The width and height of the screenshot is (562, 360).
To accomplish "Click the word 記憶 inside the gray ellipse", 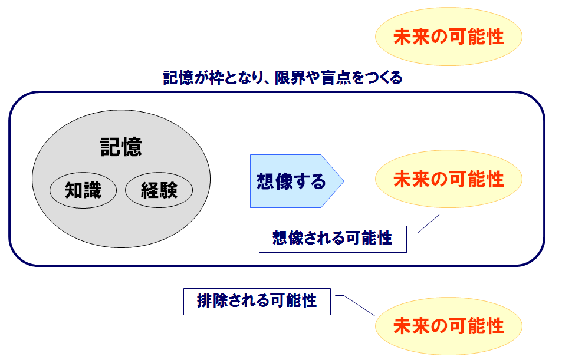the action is (x=121, y=147).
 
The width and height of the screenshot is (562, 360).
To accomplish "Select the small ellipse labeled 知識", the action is (x=83, y=190).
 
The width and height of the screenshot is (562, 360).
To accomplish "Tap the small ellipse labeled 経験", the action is (x=159, y=190).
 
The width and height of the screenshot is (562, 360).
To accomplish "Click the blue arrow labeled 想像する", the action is (x=297, y=181).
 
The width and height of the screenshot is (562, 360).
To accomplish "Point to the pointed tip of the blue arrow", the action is (x=344, y=181).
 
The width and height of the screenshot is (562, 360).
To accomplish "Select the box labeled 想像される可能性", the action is (x=333, y=239).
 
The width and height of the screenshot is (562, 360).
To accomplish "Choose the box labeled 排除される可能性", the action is (x=257, y=302).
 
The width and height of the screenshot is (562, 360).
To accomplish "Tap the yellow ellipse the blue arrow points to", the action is (x=449, y=179).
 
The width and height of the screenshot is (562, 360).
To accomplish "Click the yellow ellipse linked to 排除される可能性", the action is (x=449, y=326).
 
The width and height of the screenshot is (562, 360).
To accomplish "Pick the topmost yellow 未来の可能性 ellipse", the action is (x=449, y=37).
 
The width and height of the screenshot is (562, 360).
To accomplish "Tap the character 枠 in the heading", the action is (x=216, y=78).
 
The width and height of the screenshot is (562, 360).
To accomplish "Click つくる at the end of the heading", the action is (x=384, y=78).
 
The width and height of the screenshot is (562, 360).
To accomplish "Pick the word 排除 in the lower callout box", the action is (x=212, y=300).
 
